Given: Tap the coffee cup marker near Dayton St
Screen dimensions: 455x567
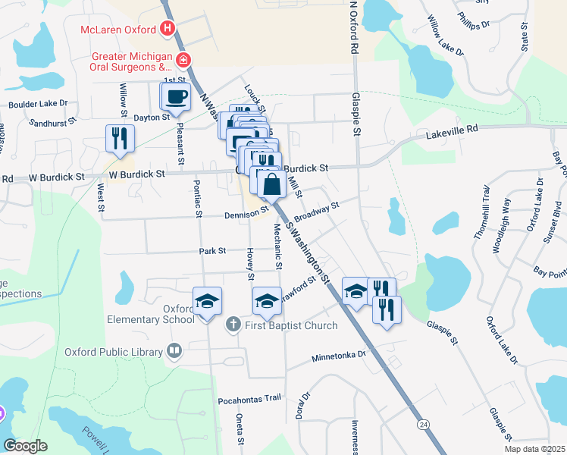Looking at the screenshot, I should [x=176, y=97].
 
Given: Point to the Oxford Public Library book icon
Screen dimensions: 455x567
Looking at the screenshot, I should [x=174, y=351].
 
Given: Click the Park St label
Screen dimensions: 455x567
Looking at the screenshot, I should [x=212, y=250].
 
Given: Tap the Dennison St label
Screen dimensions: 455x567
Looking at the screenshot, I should [x=246, y=215].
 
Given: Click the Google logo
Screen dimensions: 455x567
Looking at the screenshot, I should [x=25, y=446].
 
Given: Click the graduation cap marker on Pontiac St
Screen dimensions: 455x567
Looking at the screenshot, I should [x=206, y=301].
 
